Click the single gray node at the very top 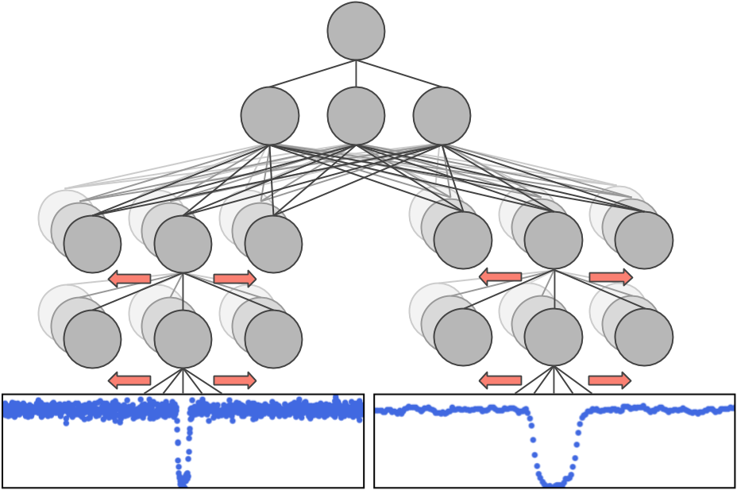(x=356, y=31)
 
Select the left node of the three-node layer (x=270, y=116)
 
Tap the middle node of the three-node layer (x=356, y=116)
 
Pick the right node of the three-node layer (x=442, y=116)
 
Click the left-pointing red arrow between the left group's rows (x=129, y=278)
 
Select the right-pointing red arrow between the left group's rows (x=235, y=278)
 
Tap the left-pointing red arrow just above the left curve (x=129, y=380)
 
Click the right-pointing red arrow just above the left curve (x=235, y=380)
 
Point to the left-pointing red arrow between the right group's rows (x=500, y=276)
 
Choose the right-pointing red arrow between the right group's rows (x=611, y=276)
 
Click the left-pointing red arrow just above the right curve (x=500, y=380)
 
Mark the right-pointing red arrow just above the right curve (x=611, y=380)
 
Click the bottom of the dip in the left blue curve (x=183, y=479)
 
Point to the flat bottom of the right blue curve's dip (x=555, y=481)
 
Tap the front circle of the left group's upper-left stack (x=92, y=244)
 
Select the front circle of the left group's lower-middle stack (x=183, y=338)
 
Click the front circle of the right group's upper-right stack (x=643, y=241)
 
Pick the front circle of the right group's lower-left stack (x=462, y=337)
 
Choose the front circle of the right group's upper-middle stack (x=553, y=241)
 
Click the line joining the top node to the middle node (x=356, y=73)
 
